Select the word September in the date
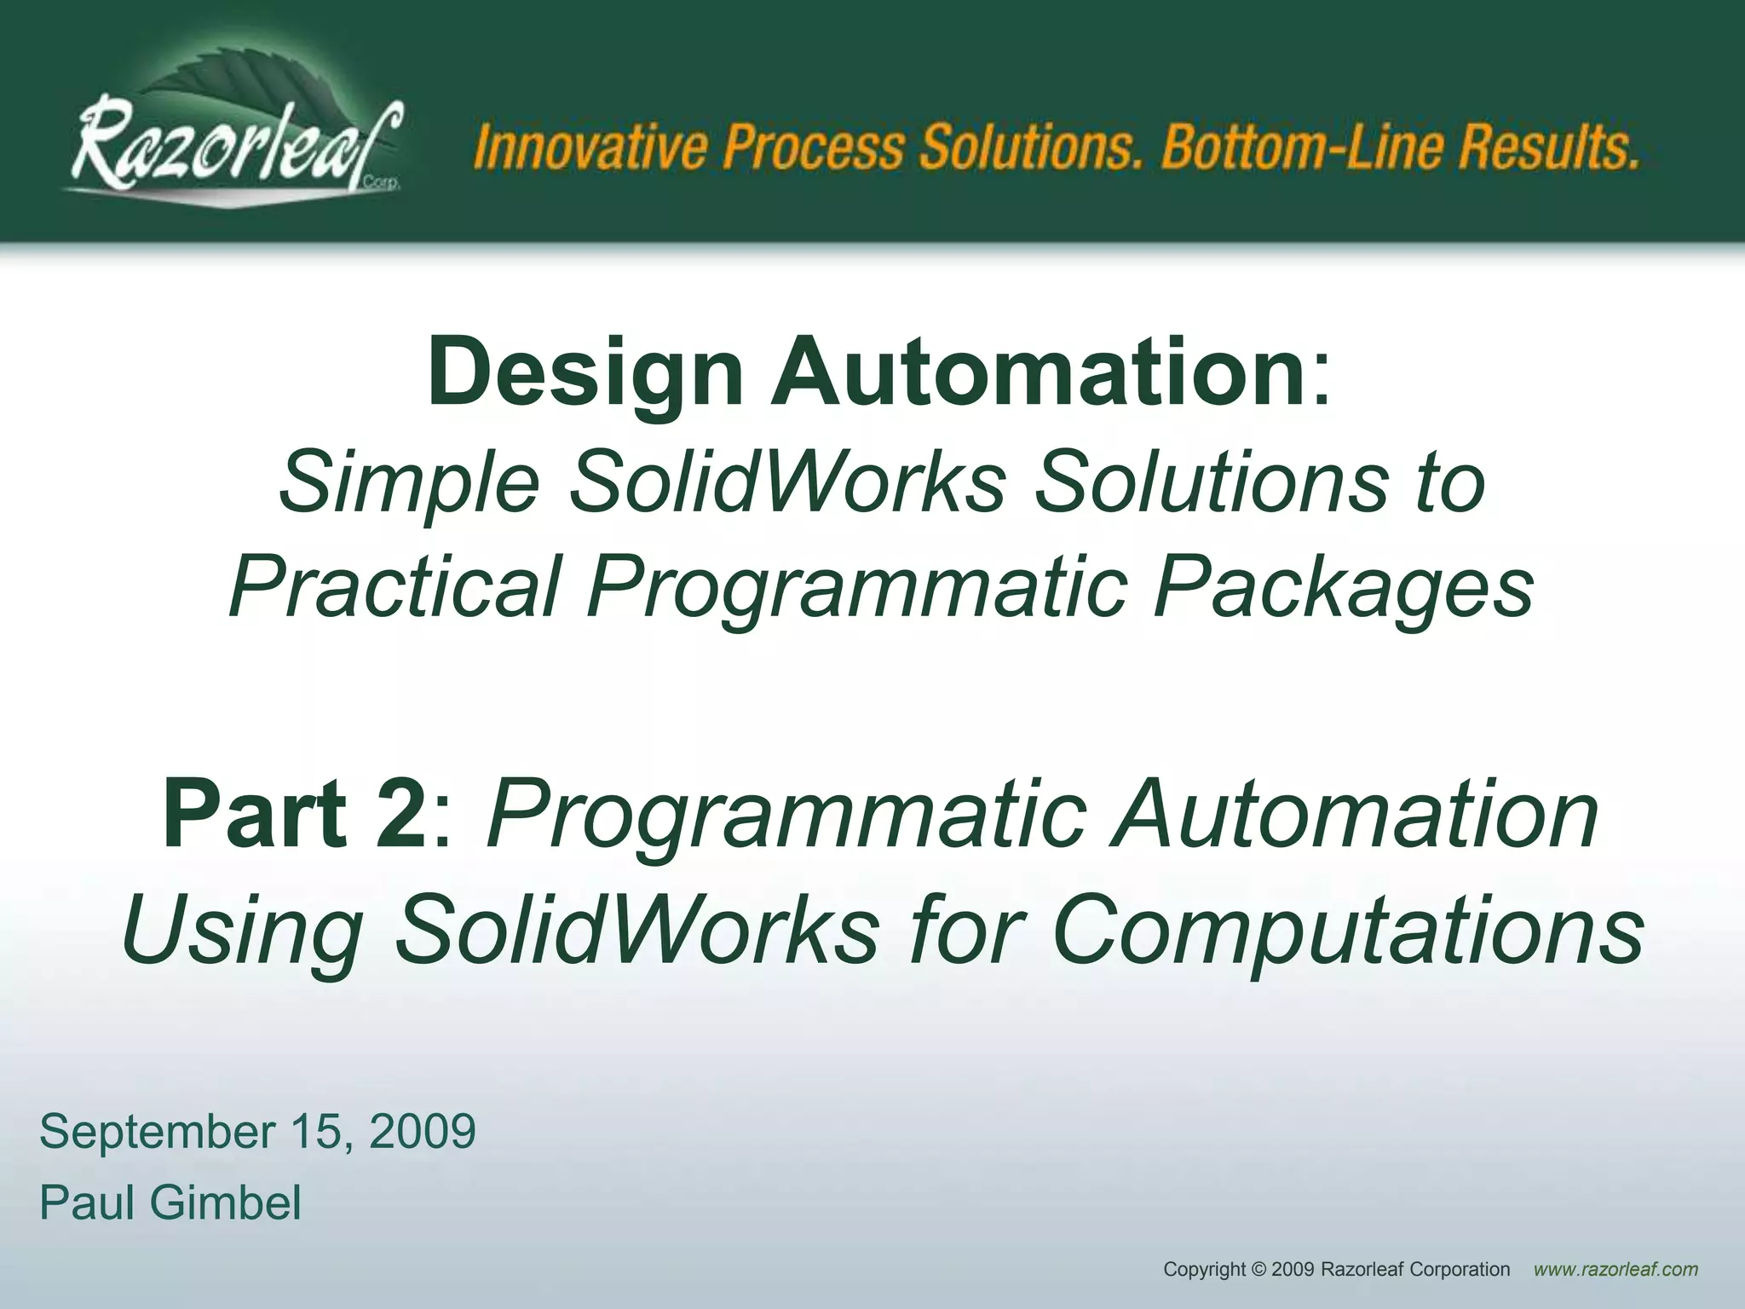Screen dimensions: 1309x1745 [x=153, y=1132]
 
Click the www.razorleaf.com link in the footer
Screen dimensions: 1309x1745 [x=1615, y=1270]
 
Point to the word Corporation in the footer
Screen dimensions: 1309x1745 [x=1459, y=1270]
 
